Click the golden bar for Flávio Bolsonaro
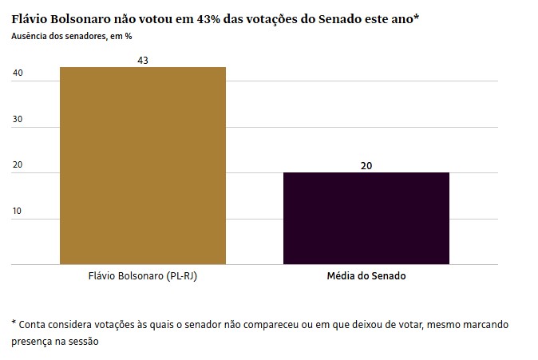click(143, 166)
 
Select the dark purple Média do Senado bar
click(366, 218)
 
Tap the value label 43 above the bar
click(143, 61)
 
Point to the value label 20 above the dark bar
click(366, 166)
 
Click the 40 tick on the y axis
click(18, 73)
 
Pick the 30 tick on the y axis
click(18, 119)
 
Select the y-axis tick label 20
click(18, 164)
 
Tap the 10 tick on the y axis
click(17, 211)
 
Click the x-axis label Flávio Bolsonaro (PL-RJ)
click(143, 276)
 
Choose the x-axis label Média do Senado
click(366, 276)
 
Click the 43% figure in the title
click(208, 19)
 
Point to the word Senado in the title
click(340, 19)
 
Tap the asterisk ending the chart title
click(416, 17)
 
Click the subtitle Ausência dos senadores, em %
click(72, 37)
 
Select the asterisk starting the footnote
click(14, 322)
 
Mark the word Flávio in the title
click(30, 19)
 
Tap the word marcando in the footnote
click(487, 325)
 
